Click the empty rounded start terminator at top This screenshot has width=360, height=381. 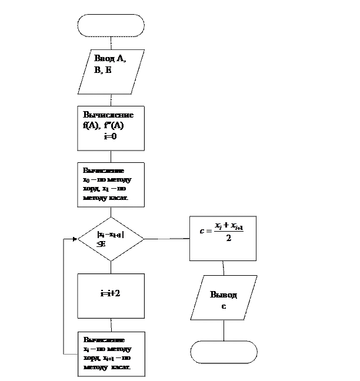[x=111, y=25]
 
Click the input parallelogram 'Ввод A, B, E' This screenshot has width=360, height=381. [x=111, y=71]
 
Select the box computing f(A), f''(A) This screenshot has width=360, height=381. [x=111, y=128]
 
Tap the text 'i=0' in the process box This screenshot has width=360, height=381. [x=110, y=136]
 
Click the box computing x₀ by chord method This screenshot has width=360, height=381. [x=111, y=185]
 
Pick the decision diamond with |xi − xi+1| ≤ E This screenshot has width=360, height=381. [x=111, y=239]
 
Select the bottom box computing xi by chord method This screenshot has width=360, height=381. [x=111, y=354]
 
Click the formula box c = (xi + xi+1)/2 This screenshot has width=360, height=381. [x=222, y=238]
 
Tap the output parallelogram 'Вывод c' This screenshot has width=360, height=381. [x=224, y=298]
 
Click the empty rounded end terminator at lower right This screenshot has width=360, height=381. [x=224, y=352]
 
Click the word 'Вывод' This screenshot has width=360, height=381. [x=224, y=295]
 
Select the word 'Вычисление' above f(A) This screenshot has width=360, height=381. [x=108, y=115]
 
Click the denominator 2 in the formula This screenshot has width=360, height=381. [x=228, y=239]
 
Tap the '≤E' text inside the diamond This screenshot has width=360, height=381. [x=101, y=243]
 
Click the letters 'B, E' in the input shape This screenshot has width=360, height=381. [x=102, y=70]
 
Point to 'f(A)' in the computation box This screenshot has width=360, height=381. [x=92, y=125]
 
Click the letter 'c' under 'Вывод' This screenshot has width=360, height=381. [x=224, y=306]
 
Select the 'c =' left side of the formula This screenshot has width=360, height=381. [x=205, y=231]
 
